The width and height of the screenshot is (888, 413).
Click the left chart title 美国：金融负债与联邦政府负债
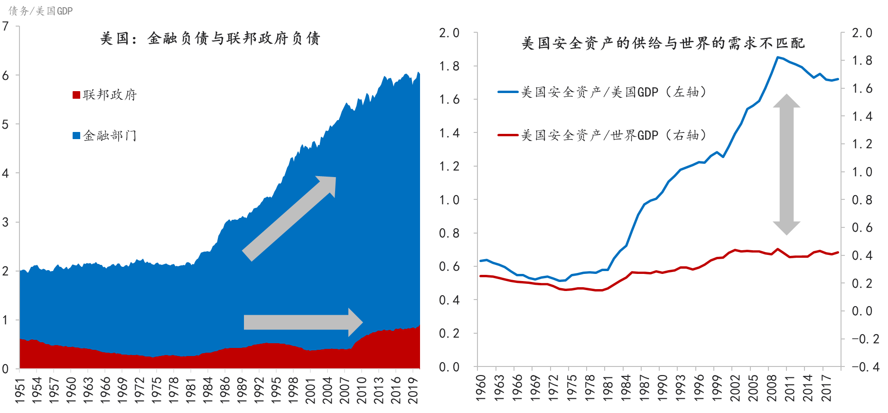(210, 38)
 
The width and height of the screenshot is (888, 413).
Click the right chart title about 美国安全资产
(663, 44)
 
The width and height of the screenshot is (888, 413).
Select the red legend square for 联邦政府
(76, 95)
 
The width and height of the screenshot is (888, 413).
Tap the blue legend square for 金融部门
(76, 136)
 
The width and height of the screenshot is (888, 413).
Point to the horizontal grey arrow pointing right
(303, 322)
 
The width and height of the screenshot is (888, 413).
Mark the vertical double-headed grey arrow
(786, 164)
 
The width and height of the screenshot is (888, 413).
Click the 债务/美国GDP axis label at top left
(41, 11)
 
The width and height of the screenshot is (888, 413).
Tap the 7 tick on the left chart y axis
(5, 26)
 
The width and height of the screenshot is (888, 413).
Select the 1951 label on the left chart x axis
(20, 390)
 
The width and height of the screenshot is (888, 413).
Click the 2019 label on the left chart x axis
(413, 390)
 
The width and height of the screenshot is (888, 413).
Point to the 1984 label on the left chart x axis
(207, 390)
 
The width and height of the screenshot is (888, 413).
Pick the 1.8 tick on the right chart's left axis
(449, 66)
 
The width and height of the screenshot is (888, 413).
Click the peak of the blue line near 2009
(777, 57)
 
